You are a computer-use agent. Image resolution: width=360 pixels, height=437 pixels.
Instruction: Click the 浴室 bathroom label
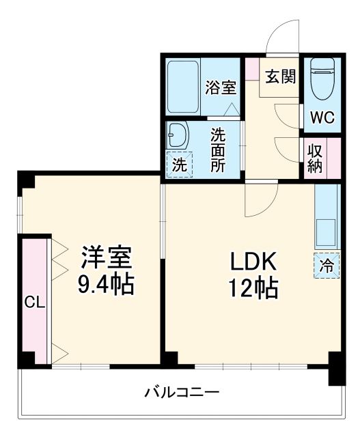(x=221, y=88)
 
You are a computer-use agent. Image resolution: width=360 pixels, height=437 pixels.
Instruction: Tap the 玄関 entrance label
(x=281, y=76)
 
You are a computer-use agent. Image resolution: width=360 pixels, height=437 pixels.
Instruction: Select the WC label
(x=322, y=117)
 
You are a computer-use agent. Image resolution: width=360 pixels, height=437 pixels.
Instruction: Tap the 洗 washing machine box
(x=179, y=165)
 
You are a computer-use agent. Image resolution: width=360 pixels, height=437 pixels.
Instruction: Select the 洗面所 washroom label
(x=218, y=150)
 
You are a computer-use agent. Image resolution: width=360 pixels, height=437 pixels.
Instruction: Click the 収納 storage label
(x=315, y=158)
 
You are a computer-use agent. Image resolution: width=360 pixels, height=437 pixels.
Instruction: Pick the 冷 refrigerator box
(x=327, y=265)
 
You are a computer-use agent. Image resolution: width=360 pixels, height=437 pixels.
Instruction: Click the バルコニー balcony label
(x=182, y=393)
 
